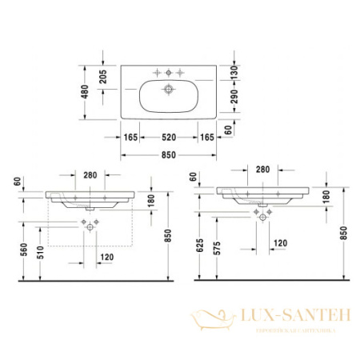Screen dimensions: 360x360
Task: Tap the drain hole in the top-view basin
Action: click(x=170, y=90)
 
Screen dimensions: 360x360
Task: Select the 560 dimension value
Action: click(x=24, y=249)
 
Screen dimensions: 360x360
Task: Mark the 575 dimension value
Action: click(x=217, y=249)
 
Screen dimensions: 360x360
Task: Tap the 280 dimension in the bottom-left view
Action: click(x=89, y=174)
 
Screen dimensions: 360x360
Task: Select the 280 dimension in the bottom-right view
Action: click(x=262, y=170)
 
